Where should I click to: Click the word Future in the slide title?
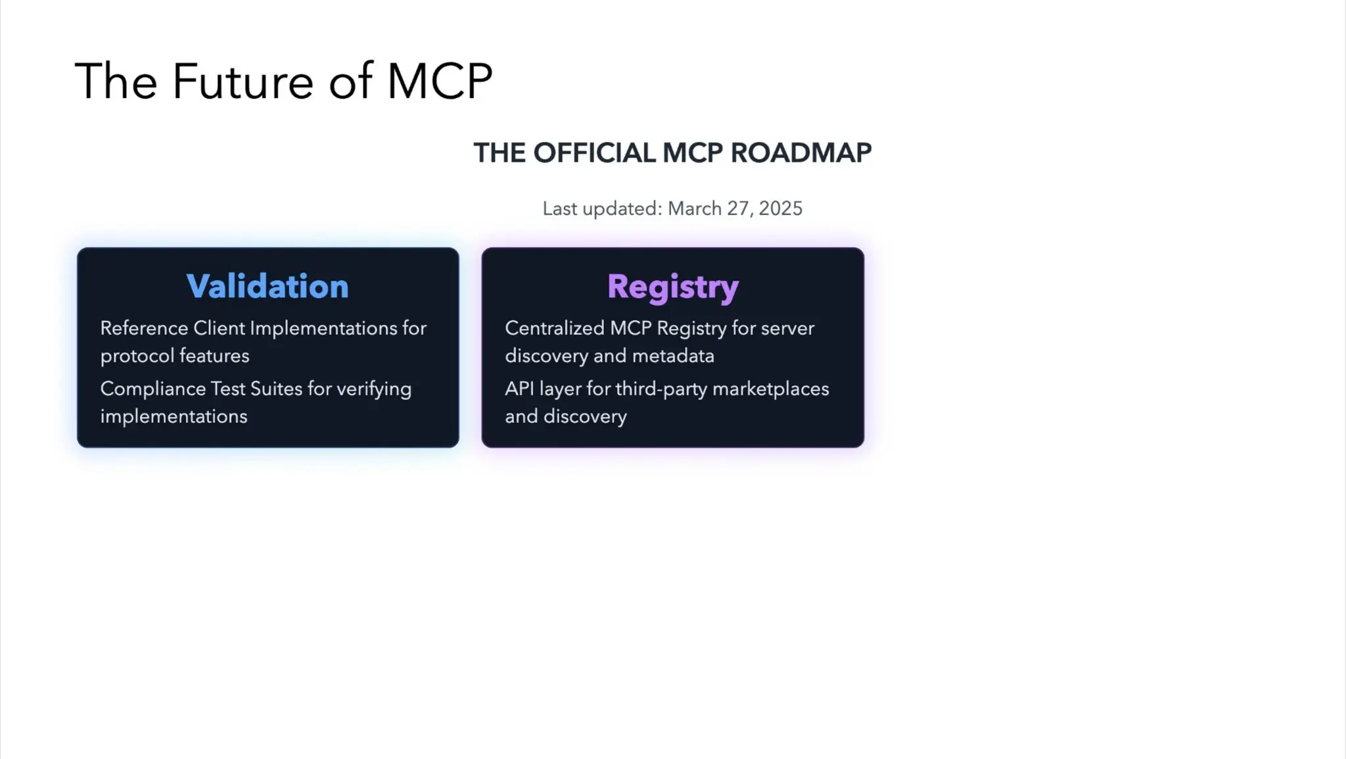click(x=243, y=82)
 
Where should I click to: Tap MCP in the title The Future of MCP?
click(x=439, y=82)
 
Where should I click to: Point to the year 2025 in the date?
click(x=780, y=208)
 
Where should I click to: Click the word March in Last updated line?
click(x=695, y=208)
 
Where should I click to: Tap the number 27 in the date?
click(x=738, y=208)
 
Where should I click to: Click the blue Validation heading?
click(x=267, y=286)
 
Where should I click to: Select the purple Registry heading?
click(x=672, y=287)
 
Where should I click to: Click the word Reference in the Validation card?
click(x=144, y=328)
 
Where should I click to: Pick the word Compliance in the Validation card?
click(x=152, y=389)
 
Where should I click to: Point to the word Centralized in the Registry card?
click(x=554, y=328)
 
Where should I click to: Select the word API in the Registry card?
click(x=519, y=389)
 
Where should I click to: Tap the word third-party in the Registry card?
click(x=661, y=389)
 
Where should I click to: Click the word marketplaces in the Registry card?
click(x=770, y=389)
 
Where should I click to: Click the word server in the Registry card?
click(x=787, y=328)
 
